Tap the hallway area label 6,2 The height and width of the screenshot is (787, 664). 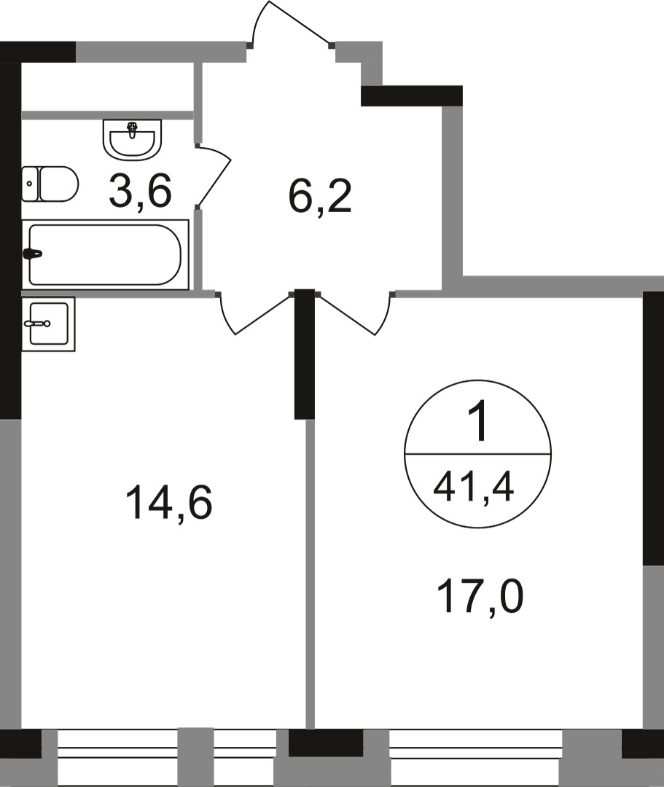pos(320,197)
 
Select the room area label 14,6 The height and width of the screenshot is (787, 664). pos(168,503)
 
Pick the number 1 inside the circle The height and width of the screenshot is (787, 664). pos(477,425)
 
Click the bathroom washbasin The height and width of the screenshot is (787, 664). pos(133,138)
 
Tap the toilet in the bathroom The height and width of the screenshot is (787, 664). pos(57,184)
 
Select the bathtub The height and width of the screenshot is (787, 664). pos(106,254)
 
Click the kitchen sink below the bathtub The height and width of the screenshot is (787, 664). pos(48,324)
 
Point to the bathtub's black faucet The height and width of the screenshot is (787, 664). pos(34,254)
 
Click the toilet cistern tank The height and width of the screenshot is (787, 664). pos(29,184)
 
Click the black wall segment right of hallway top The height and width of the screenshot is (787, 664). pos(412,95)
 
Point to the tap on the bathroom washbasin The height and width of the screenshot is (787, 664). pos(133,130)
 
